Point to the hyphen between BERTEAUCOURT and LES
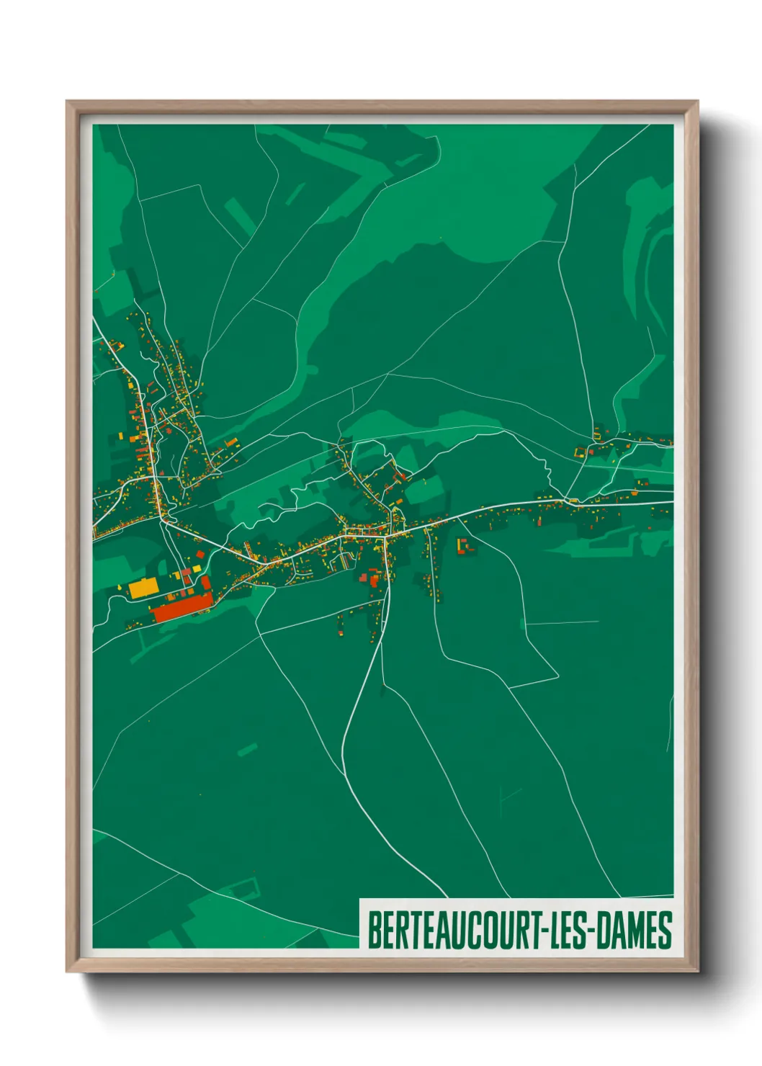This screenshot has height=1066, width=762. (x=543, y=931)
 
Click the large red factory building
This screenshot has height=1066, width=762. (x=181, y=607)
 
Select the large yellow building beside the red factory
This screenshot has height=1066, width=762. (x=143, y=588)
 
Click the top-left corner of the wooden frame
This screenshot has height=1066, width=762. (x=68, y=102)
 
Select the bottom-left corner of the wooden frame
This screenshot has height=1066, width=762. (x=68, y=971)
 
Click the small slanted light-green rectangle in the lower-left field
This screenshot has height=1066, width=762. (x=247, y=750)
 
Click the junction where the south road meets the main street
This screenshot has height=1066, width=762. (x=387, y=536)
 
